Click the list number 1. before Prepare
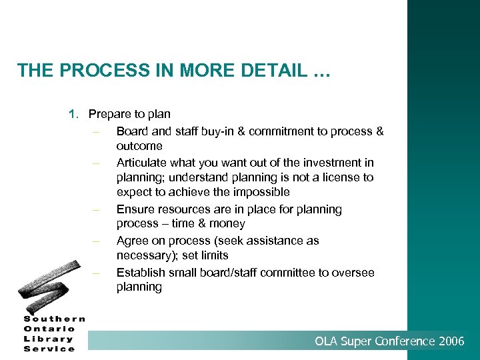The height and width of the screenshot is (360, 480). tap(73, 115)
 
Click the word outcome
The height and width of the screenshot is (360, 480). tap(139, 146)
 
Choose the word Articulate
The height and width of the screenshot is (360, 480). tap(142, 163)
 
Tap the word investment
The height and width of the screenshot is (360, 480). tap(326, 163)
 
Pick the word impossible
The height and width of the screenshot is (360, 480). tap(257, 192)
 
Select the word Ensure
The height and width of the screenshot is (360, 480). tap(135, 209)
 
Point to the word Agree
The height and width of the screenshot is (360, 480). tap(132, 241)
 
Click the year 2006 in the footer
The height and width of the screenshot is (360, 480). tap(451, 341)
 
